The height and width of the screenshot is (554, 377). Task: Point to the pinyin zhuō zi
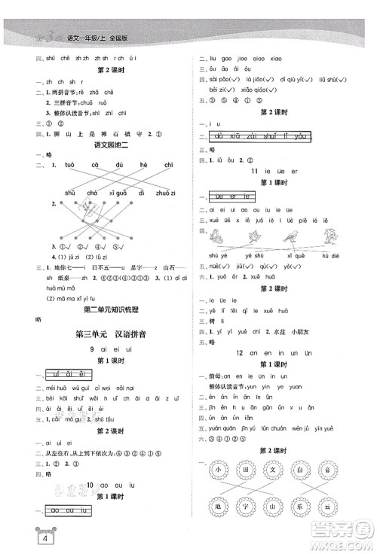point(166,193)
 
